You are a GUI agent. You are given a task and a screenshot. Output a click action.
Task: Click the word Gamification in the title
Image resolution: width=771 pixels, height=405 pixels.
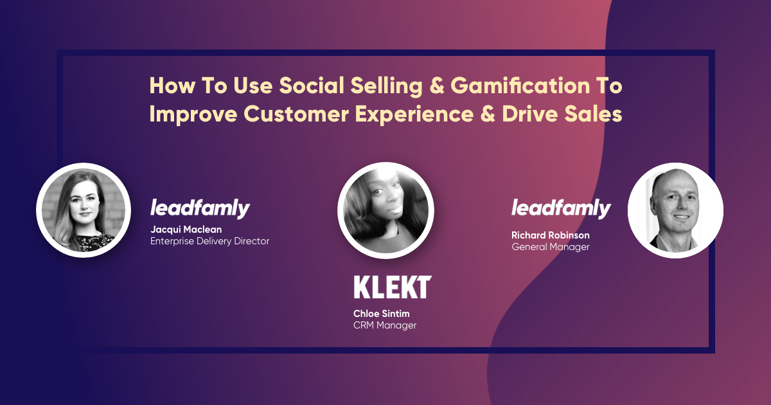tap(520, 85)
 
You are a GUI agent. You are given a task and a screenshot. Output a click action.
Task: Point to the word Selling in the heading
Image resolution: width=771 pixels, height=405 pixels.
tap(387, 86)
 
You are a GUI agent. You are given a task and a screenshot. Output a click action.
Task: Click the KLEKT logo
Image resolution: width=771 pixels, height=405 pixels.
tap(393, 287)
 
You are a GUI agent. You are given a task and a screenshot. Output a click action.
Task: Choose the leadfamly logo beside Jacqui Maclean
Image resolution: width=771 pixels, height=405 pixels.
tap(200, 208)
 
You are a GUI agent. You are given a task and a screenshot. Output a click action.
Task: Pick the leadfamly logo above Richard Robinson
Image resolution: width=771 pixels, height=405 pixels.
tap(561, 208)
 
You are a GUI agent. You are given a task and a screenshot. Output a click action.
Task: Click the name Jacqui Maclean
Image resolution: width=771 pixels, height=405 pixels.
tap(186, 230)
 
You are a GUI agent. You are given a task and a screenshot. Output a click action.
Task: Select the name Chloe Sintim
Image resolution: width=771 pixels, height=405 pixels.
tap(382, 314)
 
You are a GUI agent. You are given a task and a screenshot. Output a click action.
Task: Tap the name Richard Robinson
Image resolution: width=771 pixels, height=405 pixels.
tap(551, 235)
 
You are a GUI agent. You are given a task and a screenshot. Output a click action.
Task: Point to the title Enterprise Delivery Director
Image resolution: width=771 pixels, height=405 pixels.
tap(209, 241)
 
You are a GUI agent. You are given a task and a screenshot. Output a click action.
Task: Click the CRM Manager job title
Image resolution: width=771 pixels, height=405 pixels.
tap(385, 325)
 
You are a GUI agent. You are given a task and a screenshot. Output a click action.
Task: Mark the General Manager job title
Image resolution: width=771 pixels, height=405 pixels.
tap(551, 247)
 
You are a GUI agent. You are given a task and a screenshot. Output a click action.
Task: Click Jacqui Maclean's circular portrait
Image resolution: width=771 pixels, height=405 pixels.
tap(84, 210)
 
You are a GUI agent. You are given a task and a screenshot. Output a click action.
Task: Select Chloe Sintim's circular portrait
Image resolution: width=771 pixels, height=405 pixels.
tap(385, 210)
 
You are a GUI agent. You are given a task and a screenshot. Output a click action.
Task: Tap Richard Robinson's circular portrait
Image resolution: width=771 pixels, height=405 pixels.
tap(675, 210)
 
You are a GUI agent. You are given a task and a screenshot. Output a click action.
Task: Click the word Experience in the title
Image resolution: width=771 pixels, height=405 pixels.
tap(414, 114)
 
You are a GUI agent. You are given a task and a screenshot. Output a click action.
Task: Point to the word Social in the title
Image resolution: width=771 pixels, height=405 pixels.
tap(312, 85)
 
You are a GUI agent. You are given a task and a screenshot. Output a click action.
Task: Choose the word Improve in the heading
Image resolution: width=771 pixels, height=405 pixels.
tap(193, 114)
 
